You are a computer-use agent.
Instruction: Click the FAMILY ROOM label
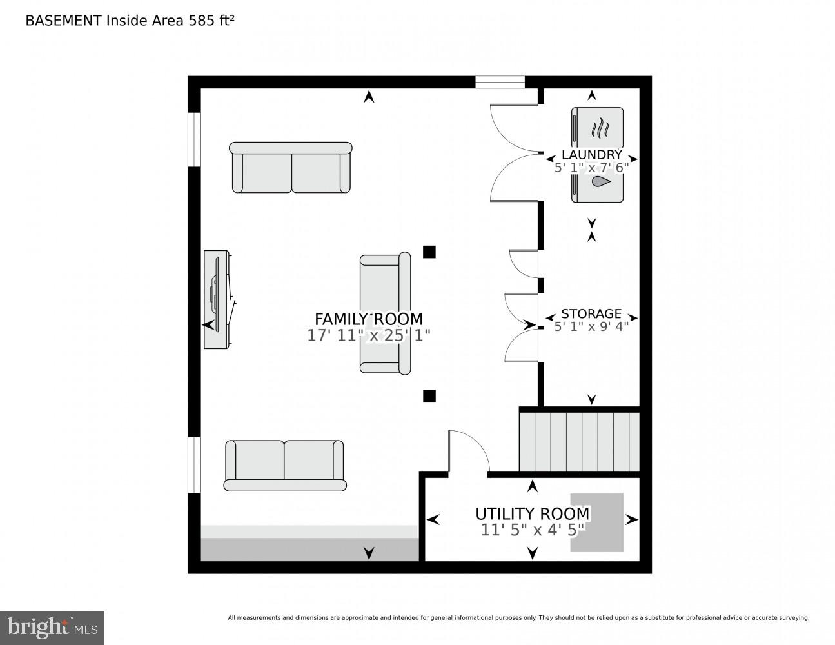368,319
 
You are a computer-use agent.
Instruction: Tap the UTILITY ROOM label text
532,513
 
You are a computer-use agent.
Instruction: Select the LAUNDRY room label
591,155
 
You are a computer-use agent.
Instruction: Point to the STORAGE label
591,314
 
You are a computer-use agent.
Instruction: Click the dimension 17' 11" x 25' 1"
368,336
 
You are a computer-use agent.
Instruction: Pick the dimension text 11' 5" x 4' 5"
532,530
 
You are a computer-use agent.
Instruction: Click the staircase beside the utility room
579,442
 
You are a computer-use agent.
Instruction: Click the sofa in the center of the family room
385,313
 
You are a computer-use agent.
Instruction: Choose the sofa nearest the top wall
291,168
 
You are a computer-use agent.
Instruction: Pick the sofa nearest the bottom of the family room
284,466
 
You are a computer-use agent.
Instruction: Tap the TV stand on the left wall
217,300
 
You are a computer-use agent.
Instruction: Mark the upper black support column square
429,252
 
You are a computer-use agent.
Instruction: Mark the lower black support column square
429,396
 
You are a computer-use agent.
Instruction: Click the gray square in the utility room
596,522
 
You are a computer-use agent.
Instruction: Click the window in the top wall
500,82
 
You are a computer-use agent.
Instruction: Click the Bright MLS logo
52,627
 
